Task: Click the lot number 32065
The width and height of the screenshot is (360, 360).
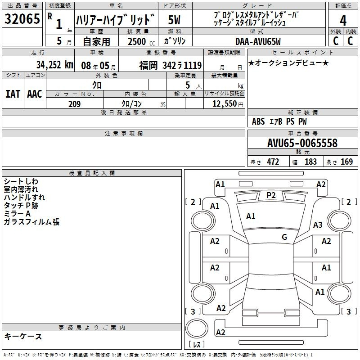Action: coord(22,19)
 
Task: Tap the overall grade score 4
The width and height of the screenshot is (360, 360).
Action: coord(343,21)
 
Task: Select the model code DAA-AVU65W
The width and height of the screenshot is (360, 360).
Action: coord(258,41)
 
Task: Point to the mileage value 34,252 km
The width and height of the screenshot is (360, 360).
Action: coord(55,65)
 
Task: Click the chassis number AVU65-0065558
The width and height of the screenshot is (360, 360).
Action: coord(302,143)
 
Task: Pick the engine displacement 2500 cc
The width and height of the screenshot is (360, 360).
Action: coord(141,41)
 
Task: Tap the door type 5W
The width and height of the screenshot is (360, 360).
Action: coord(174,20)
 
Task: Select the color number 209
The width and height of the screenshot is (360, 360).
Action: coord(74,104)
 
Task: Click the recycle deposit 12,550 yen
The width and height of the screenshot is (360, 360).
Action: coord(228,104)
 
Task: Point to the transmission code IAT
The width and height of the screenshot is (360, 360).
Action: coord(13,94)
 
